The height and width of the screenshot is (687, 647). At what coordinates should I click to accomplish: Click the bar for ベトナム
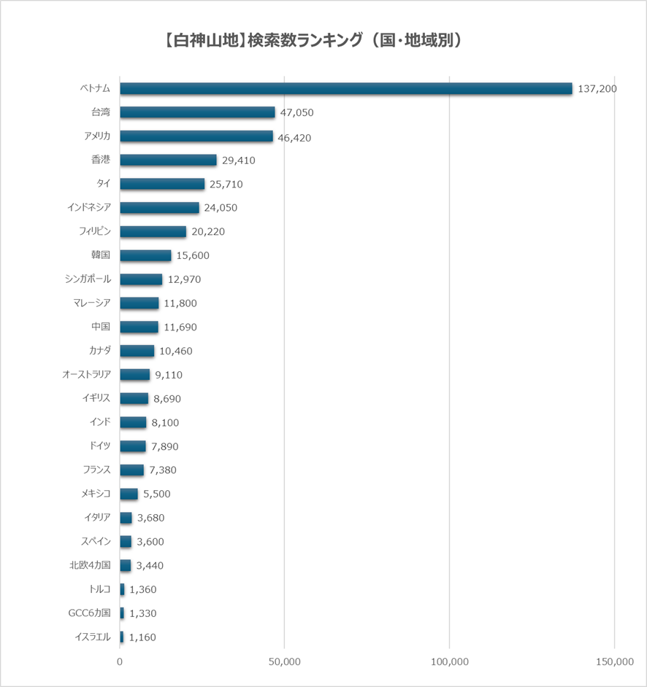click(x=346, y=88)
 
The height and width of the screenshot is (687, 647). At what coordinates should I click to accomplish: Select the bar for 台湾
click(x=197, y=112)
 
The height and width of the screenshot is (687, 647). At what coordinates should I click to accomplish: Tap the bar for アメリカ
click(x=196, y=136)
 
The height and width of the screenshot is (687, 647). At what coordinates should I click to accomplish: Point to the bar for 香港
click(x=168, y=160)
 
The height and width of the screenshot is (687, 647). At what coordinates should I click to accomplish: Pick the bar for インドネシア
click(x=159, y=208)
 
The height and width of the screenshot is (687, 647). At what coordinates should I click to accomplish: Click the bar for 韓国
click(x=145, y=255)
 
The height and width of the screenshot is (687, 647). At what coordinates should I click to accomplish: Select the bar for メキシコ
click(x=129, y=494)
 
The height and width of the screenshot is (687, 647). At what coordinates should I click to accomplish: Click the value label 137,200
click(x=597, y=88)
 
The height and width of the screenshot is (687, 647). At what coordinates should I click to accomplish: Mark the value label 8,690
click(x=167, y=399)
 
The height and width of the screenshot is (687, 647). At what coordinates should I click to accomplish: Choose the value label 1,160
click(x=142, y=637)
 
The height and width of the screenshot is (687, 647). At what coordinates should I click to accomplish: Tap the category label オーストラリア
click(x=86, y=375)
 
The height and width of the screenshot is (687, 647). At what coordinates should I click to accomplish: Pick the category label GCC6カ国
click(x=89, y=613)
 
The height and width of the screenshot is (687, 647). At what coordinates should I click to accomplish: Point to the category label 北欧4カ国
click(x=90, y=565)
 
